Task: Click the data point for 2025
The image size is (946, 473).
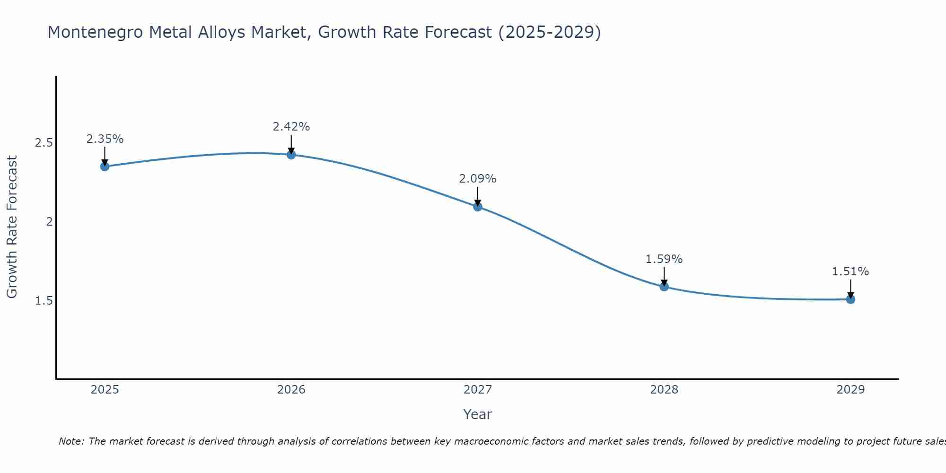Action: tap(105, 166)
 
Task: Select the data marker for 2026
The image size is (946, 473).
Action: tap(291, 155)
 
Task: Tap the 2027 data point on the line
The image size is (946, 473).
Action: tap(477, 206)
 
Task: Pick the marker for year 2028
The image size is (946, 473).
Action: tap(664, 286)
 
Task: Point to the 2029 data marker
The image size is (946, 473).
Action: tap(850, 299)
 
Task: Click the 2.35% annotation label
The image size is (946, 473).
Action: tap(105, 139)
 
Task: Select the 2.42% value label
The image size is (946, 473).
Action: tap(291, 127)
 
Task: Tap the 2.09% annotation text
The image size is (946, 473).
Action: tap(477, 179)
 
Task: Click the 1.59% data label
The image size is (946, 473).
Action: tap(664, 259)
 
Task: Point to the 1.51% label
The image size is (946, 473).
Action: tap(850, 272)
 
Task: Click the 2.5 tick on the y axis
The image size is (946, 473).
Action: tap(44, 143)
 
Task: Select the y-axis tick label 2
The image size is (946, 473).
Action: tap(49, 222)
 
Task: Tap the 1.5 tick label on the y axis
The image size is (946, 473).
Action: tap(44, 301)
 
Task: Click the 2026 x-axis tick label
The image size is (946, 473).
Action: tap(291, 390)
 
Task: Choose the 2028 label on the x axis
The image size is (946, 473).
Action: tap(664, 390)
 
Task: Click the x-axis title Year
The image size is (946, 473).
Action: tap(477, 414)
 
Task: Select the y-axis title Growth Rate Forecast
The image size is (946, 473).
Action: tap(12, 227)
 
